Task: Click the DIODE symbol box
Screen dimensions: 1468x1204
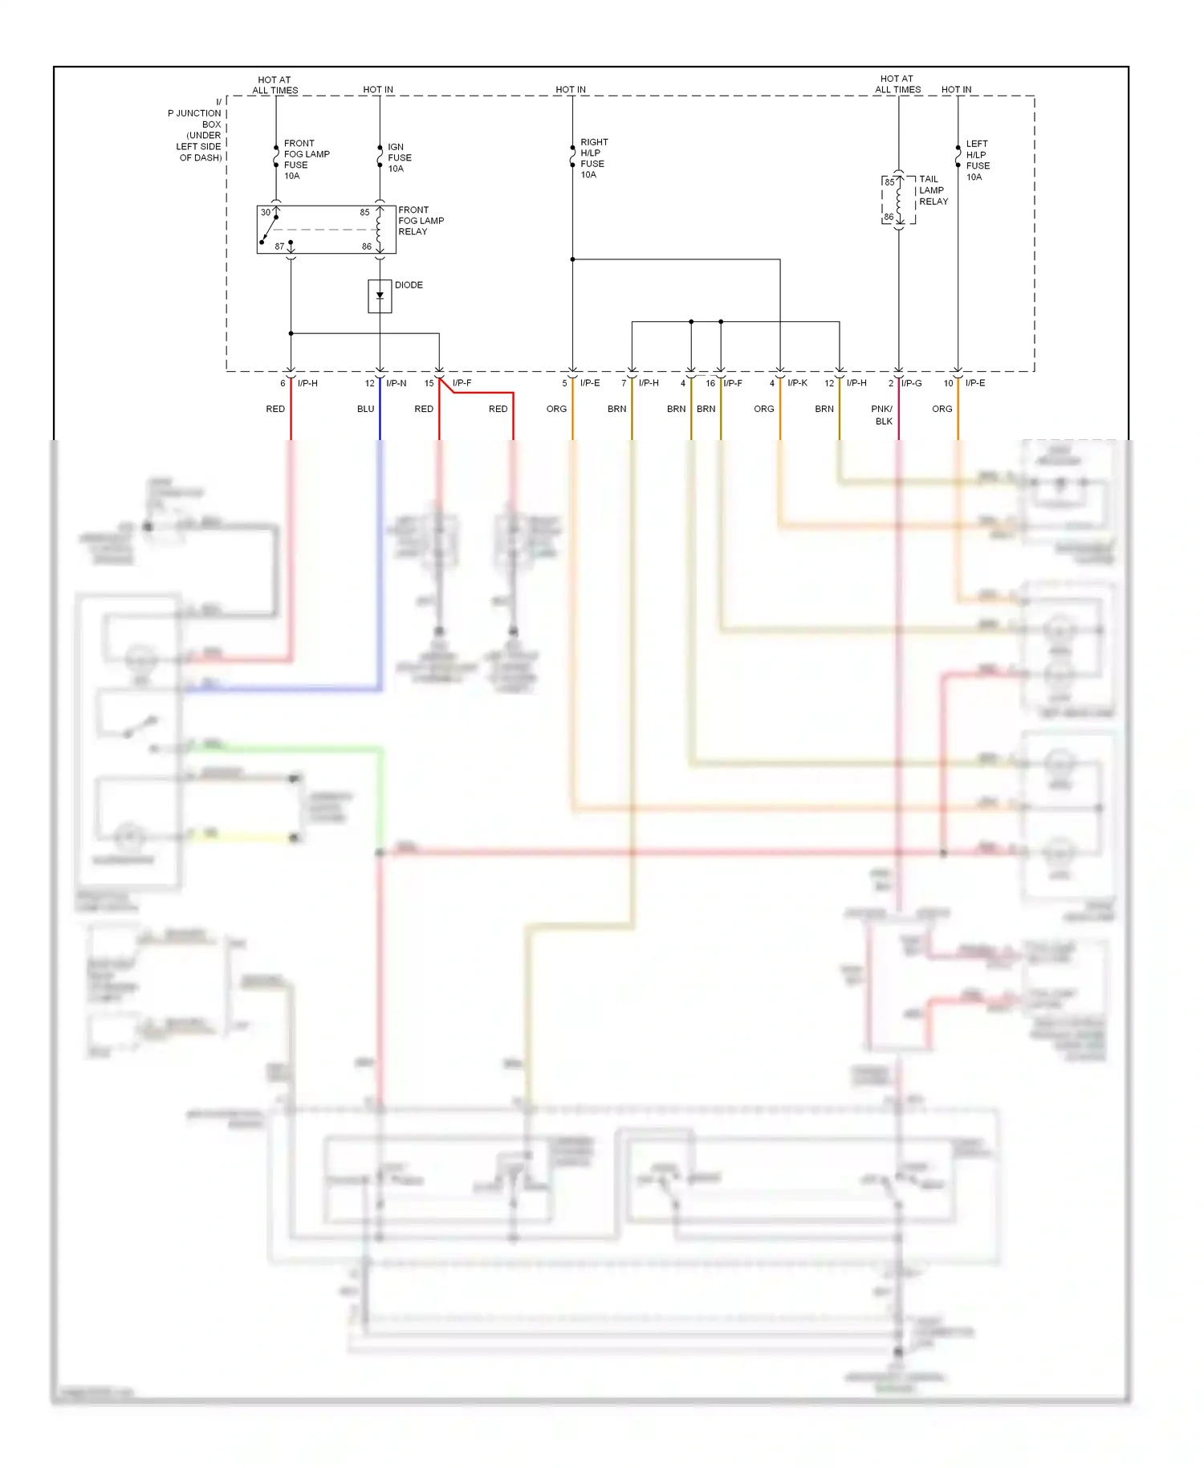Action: click(380, 296)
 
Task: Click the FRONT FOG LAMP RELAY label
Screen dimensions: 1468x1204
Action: click(421, 221)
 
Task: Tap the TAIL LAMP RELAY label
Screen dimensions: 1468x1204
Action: click(933, 190)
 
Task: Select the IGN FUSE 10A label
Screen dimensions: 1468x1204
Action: click(399, 158)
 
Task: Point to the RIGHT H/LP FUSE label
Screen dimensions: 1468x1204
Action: click(593, 158)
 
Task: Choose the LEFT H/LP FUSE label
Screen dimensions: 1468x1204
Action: click(977, 161)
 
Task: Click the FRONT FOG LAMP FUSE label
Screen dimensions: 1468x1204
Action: click(306, 160)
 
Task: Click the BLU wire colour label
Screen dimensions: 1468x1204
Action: click(365, 409)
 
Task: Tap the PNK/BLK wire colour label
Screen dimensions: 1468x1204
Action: click(882, 414)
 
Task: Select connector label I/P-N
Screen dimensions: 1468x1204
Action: click(396, 383)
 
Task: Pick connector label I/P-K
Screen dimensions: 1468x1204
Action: click(797, 383)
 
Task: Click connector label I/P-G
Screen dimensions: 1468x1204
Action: click(911, 383)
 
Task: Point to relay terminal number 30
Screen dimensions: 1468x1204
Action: click(265, 213)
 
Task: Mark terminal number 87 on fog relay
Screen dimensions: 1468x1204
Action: click(279, 247)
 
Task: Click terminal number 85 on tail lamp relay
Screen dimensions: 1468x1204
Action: click(889, 182)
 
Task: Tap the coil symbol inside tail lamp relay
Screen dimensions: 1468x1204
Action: click(899, 201)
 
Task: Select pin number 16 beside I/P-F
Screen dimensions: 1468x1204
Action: click(710, 383)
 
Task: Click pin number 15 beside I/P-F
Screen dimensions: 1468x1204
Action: click(429, 383)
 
